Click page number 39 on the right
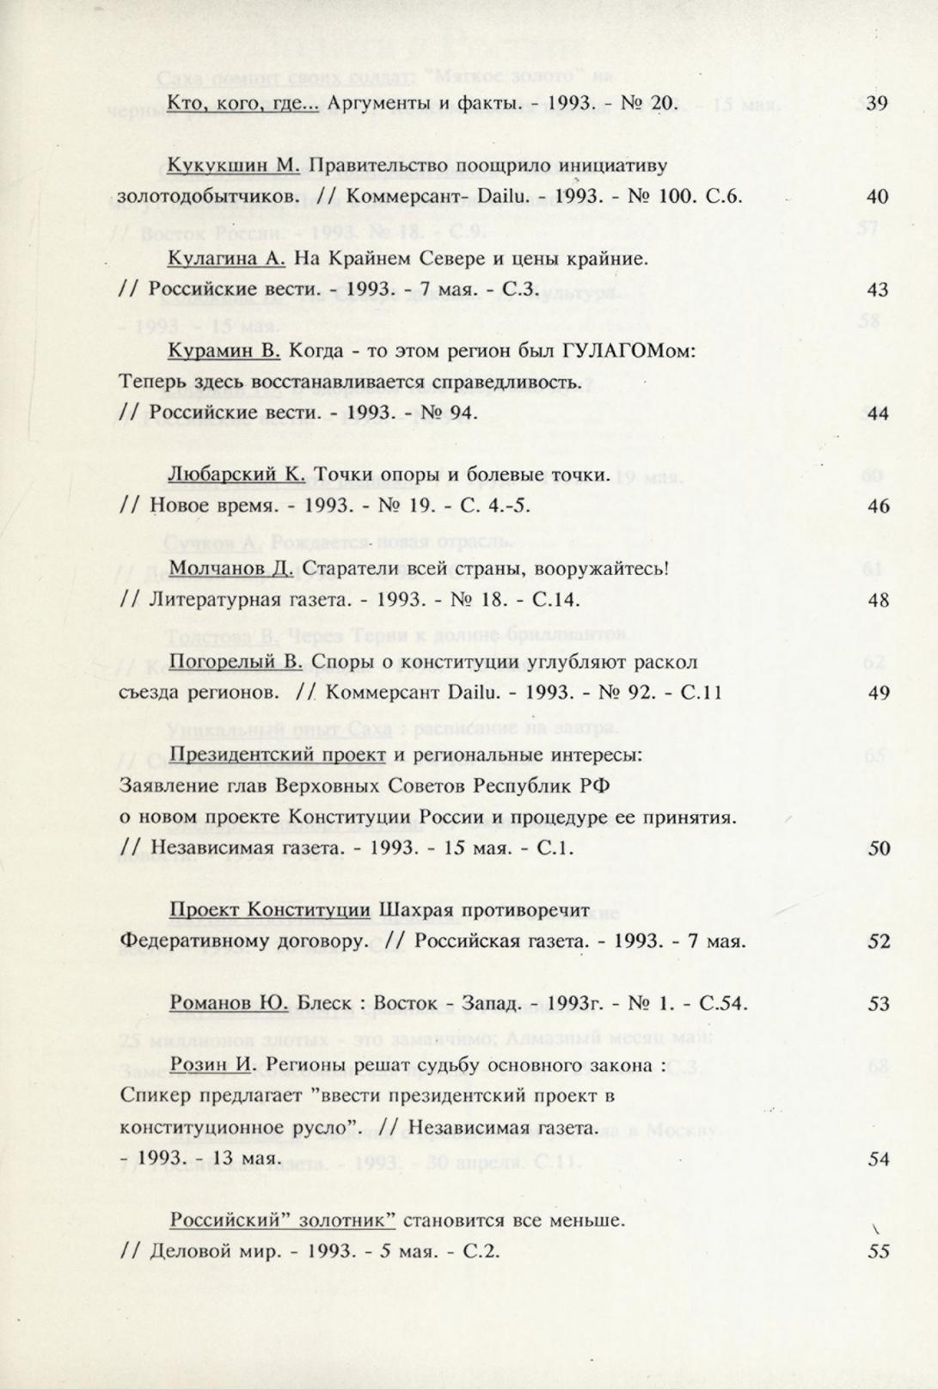pos(876,104)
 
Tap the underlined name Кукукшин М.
pos(233,166)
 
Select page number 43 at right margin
pos(877,290)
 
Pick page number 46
pos(878,506)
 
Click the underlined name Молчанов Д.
pos(231,569)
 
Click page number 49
pos(878,693)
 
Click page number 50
pos(878,848)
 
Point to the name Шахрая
pos(412,910)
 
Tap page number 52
pos(878,941)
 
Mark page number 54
pos(878,1159)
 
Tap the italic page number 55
pos(878,1251)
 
